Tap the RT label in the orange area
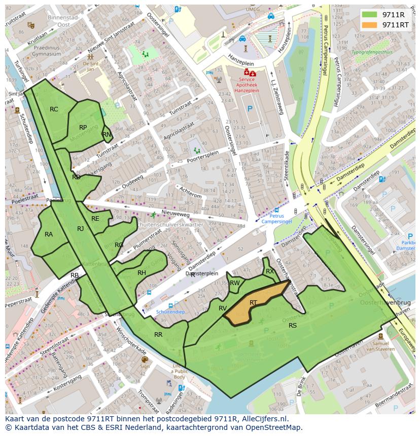[x=253, y=303]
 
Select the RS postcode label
[x=293, y=326]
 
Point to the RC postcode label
[x=54, y=109]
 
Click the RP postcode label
[x=83, y=128]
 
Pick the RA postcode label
[x=49, y=234]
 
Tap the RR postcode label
[x=158, y=335]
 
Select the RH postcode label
[x=142, y=273]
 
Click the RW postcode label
[x=234, y=283]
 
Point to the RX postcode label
[x=270, y=271]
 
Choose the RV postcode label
[x=223, y=308]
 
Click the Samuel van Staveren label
[x=380, y=346]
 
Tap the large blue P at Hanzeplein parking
[x=250, y=108]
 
